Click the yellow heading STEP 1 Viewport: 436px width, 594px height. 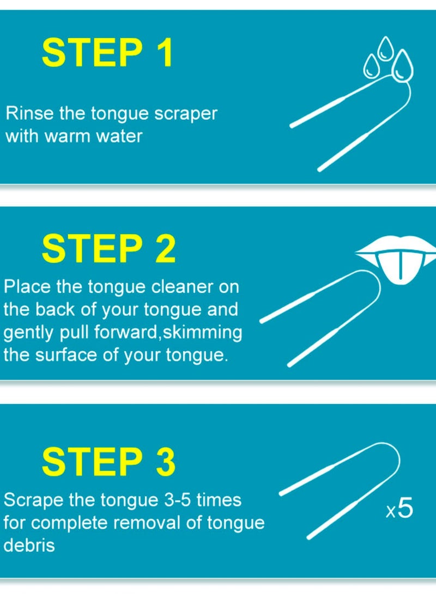tap(107, 53)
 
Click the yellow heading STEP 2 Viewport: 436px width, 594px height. tap(109, 249)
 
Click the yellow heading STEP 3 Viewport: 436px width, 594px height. tap(109, 462)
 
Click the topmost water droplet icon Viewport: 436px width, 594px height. tap(386, 46)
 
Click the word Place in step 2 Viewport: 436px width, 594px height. tap(26, 286)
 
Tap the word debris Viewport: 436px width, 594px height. tap(29, 545)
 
